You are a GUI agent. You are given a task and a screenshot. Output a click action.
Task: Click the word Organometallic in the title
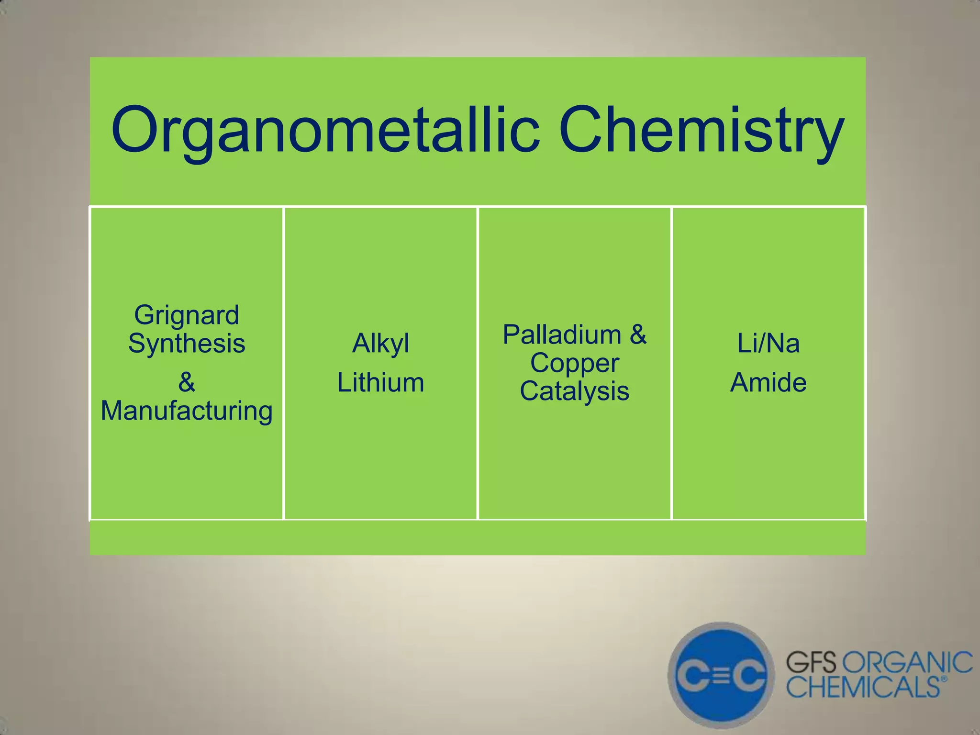[325, 130]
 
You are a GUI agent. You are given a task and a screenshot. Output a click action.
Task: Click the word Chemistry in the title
[701, 130]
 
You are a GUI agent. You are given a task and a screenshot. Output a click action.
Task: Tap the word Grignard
[187, 315]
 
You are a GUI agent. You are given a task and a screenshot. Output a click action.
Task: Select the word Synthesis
[187, 344]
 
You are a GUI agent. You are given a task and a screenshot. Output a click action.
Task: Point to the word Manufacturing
[187, 411]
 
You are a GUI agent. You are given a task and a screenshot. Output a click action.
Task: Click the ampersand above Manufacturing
[187, 382]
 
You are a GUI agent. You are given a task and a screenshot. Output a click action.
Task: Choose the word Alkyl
[381, 344]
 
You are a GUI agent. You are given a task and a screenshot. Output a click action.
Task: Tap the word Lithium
[381, 383]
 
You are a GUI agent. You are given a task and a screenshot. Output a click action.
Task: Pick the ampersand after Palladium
[638, 334]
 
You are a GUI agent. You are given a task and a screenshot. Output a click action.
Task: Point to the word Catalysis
[575, 391]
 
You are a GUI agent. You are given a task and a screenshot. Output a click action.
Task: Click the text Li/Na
[768, 344]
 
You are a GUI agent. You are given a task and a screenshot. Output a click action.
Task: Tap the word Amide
[768, 383]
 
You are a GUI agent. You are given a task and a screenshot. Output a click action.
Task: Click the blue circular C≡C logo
[721, 676]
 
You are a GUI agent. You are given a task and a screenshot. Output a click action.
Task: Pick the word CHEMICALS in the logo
[863, 687]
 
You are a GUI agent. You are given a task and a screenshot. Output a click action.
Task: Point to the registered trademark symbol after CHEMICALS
[944, 679]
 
